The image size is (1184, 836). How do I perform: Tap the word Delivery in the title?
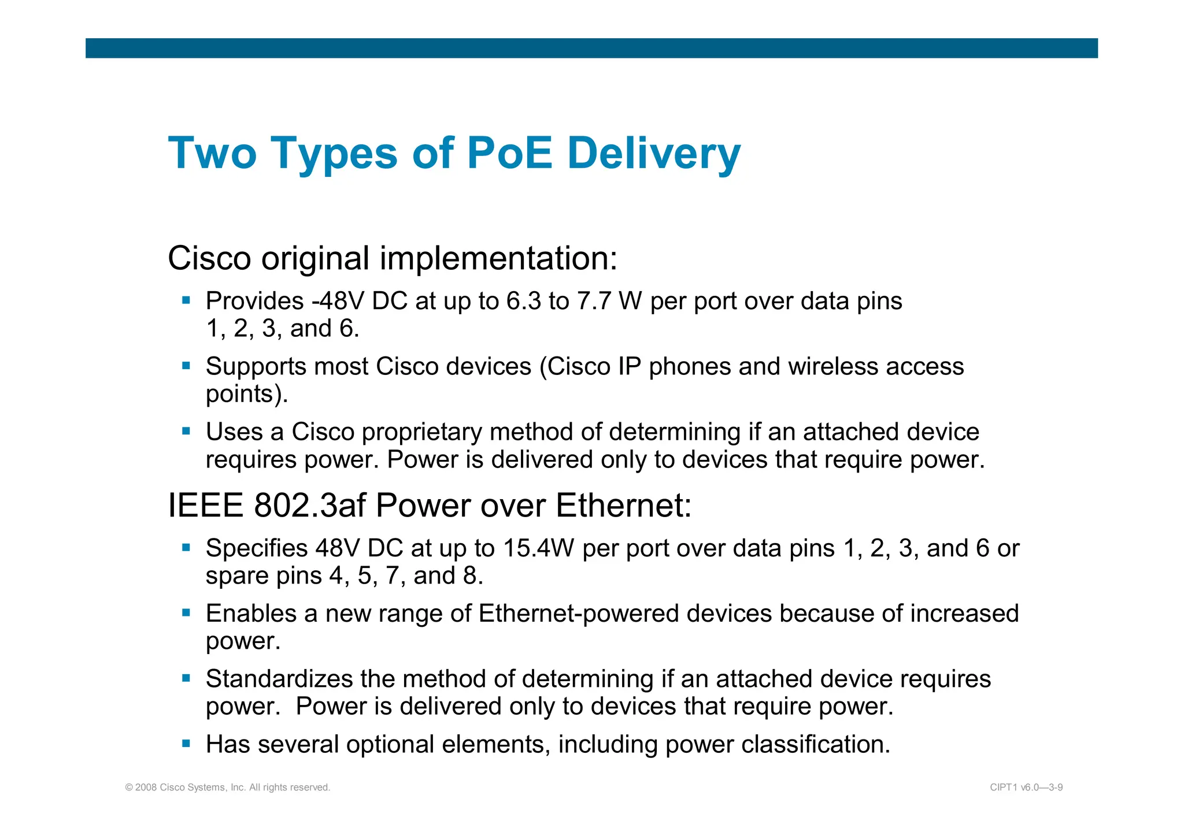[x=654, y=153]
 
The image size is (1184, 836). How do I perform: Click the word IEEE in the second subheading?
[x=205, y=506]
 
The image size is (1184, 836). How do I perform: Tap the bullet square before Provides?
[x=186, y=300]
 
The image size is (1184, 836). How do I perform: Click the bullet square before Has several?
[x=186, y=744]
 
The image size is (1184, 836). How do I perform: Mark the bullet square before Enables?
[x=186, y=612]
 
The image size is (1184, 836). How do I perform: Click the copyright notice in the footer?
[x=228, y=787]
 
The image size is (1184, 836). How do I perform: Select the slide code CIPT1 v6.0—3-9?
[x=1026, y=787]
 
